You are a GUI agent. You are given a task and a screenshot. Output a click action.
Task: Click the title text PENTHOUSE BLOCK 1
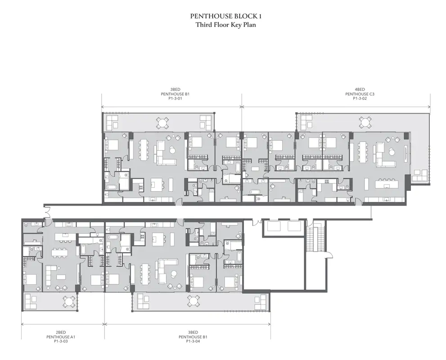226,16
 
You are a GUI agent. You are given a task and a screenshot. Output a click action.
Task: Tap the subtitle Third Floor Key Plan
226,25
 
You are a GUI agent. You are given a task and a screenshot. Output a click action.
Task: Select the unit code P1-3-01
175,99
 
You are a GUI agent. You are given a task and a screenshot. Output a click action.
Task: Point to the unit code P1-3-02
360,99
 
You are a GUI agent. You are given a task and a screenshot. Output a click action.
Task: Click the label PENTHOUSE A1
61,337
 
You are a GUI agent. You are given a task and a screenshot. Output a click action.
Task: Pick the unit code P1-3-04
193,341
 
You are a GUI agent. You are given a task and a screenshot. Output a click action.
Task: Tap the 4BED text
360,90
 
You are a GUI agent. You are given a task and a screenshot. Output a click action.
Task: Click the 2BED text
61,333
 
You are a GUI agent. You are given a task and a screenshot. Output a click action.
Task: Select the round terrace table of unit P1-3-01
162,123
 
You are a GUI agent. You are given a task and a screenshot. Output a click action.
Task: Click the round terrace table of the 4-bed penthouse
365,122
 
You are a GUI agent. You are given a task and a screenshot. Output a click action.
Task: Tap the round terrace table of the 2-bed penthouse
68,301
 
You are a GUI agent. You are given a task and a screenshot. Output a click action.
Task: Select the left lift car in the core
272,226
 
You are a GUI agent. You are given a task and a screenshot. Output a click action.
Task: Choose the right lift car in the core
295,226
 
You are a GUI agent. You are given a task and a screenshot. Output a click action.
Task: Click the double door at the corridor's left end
47,211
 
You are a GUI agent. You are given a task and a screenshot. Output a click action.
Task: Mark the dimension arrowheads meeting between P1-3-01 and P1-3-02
242,107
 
